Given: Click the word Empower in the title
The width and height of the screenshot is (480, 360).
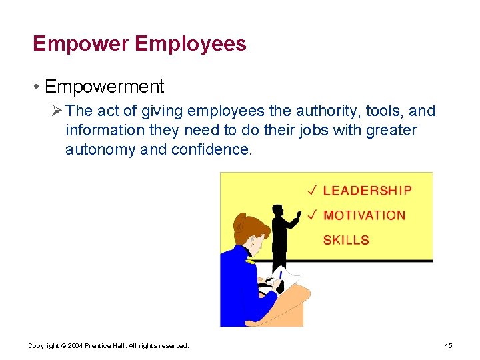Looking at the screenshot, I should (x=81, y=44).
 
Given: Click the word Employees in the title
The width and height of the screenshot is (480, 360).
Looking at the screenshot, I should (x=190, y=44).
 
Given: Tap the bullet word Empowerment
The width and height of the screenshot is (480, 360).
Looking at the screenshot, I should (x=104, y=87).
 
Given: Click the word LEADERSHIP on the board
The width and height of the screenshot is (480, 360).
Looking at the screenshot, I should (x=367, y=191).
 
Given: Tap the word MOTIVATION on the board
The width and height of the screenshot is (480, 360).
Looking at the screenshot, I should (x=364, y=215).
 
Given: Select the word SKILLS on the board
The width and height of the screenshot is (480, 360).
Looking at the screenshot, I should (x=346, y=240).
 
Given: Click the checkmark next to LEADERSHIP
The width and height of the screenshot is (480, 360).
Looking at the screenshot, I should (x=312, y=190).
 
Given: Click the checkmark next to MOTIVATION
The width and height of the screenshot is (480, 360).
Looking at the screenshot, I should (x=312, y=215).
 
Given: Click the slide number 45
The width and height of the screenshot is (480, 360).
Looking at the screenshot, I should (x=448, y=346).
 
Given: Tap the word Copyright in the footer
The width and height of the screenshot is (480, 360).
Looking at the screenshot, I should (x=43, y=346).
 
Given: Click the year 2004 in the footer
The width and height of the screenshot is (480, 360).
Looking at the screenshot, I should (x=75, y=346).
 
